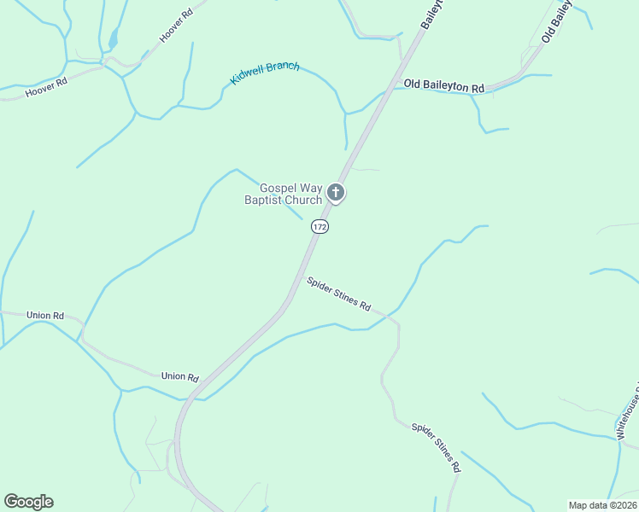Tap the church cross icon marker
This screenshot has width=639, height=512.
click(336, 193)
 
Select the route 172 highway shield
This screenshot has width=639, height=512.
click(319, 226)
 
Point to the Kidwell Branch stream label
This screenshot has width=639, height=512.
click(265, 74)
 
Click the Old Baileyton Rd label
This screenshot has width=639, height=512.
click(443, 87)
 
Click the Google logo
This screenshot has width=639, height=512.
click(28, 501)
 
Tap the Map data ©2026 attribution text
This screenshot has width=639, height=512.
click(601, 505)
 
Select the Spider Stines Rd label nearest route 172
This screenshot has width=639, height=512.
click(340, 293)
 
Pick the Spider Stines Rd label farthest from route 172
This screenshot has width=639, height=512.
click(436, 448)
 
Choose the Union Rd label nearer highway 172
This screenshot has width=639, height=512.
click(180, 377)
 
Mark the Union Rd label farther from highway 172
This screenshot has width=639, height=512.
click(45, 316)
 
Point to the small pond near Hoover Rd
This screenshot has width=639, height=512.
click(113, 38)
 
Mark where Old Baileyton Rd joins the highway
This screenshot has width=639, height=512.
click(389, 88)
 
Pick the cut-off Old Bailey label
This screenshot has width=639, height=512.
click(556, 21)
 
